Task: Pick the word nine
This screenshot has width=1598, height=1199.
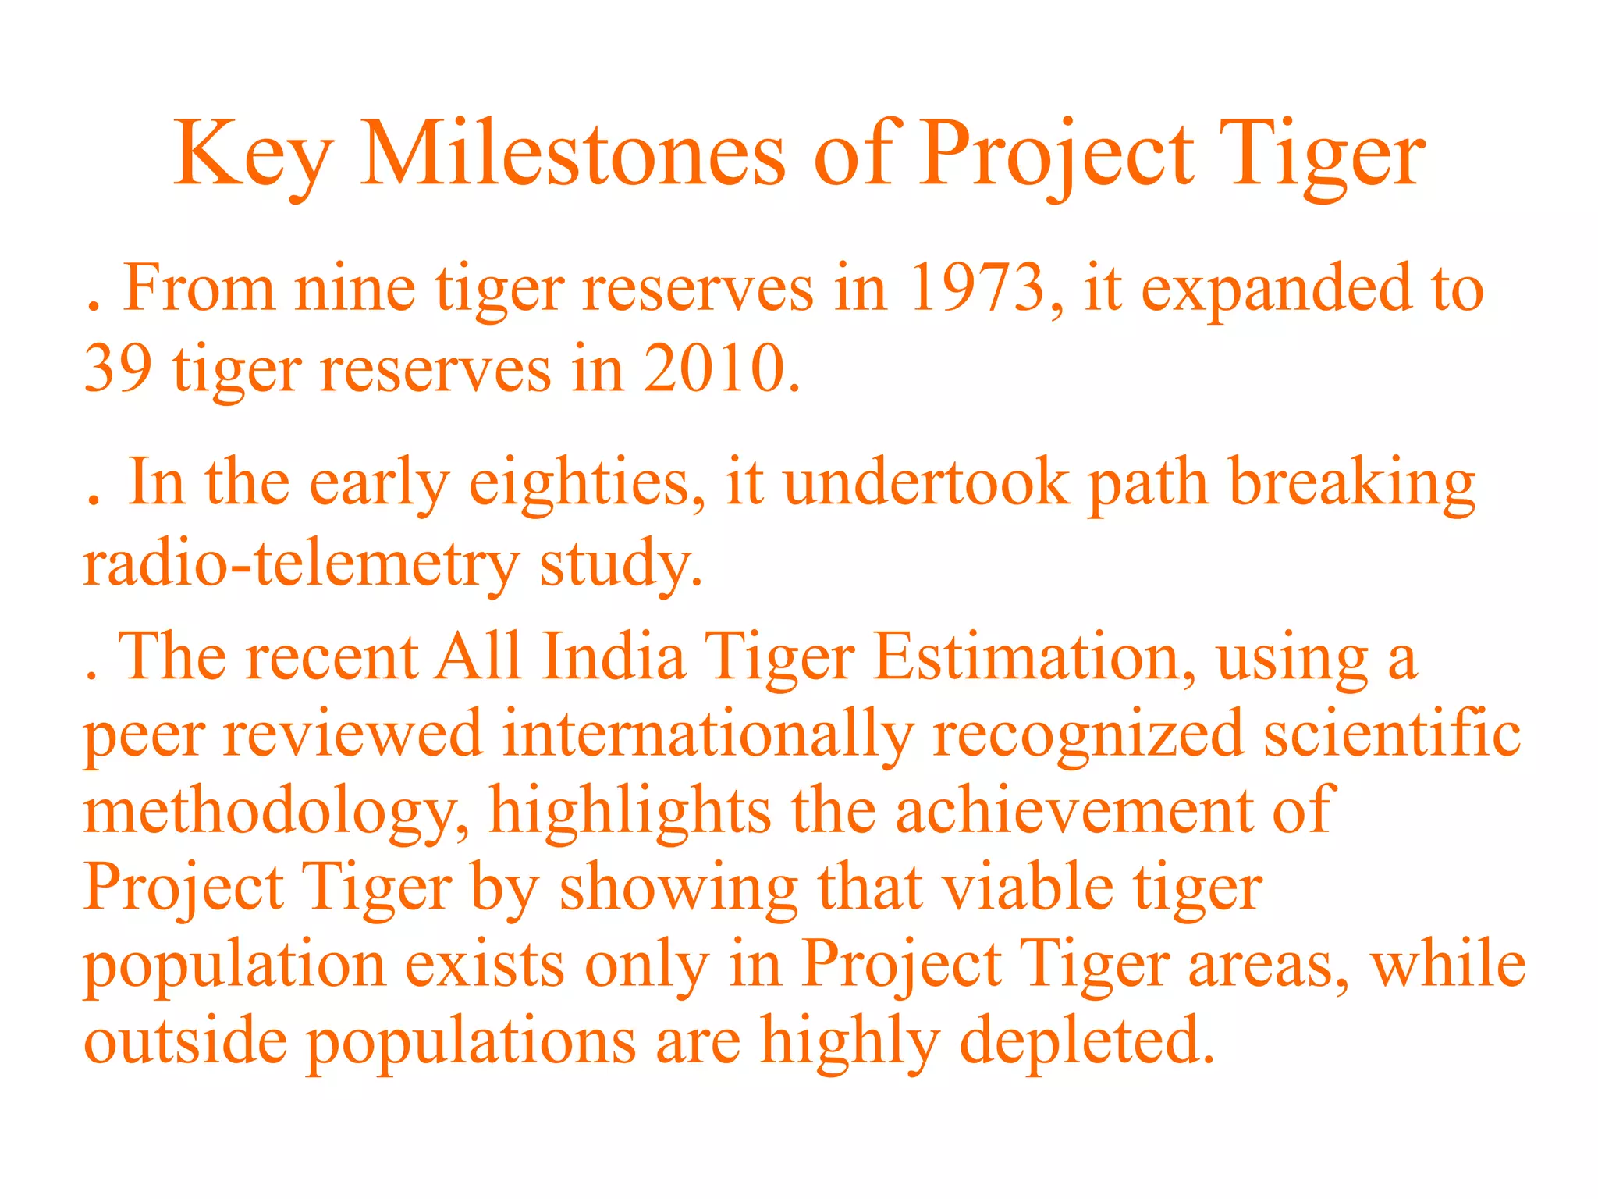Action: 355,289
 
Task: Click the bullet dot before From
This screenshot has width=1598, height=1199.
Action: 94,308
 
